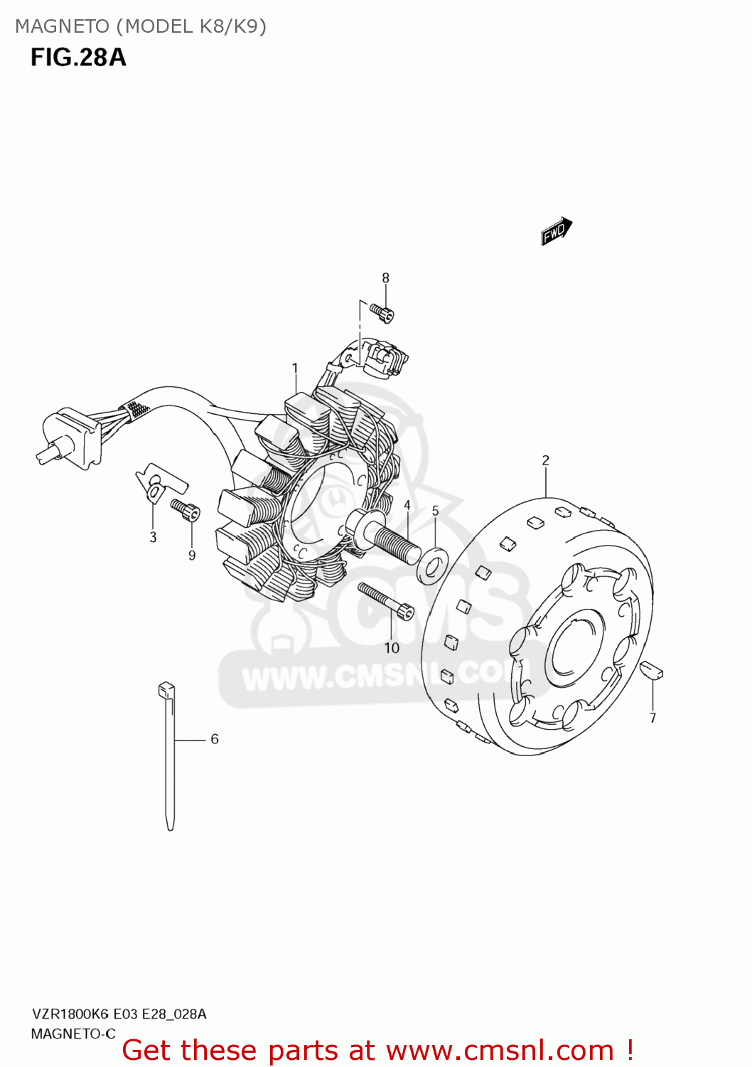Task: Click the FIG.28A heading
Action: (x=78, y=57)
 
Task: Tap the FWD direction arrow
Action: (x=556, y=230)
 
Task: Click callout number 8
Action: (x=385, y=278)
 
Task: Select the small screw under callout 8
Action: (x=382, y=312)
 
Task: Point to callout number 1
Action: (x=295, y=368)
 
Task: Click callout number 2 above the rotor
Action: (x=545, y=460)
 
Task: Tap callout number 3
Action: (x=153, y=537)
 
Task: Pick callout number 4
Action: (x=407, y=505)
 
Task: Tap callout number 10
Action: (x=392, y=648)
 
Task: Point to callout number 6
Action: (x=215, y=739)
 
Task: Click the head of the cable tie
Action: (x=166, y=689)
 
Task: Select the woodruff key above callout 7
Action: (x=651, y=670)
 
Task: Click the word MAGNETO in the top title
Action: (x=63, y=26)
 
